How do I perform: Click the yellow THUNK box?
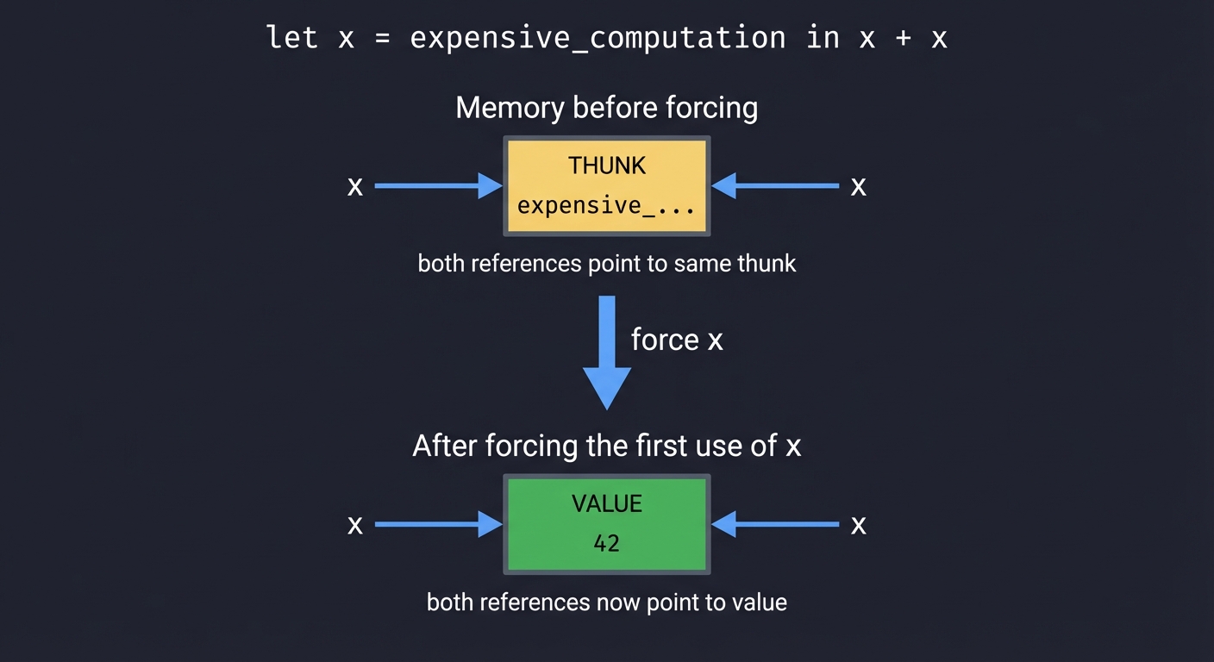[606, 185]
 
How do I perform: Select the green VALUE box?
[606, 524]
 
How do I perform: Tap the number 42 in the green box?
[606, 544]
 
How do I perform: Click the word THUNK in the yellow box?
[606, 165]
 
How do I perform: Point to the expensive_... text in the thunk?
[606, 206]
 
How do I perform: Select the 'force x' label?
[677, 340]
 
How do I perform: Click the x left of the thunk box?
[354, 186]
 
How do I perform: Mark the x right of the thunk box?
[858, 186]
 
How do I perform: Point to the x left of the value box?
[354, 525]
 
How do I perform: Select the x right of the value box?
[858, 525]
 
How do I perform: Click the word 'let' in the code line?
[292, 38]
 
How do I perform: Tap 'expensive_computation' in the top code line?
[598, 39]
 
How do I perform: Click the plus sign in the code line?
[903, 39]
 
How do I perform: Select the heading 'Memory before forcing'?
[606, 108]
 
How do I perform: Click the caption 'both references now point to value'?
[606, 602]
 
